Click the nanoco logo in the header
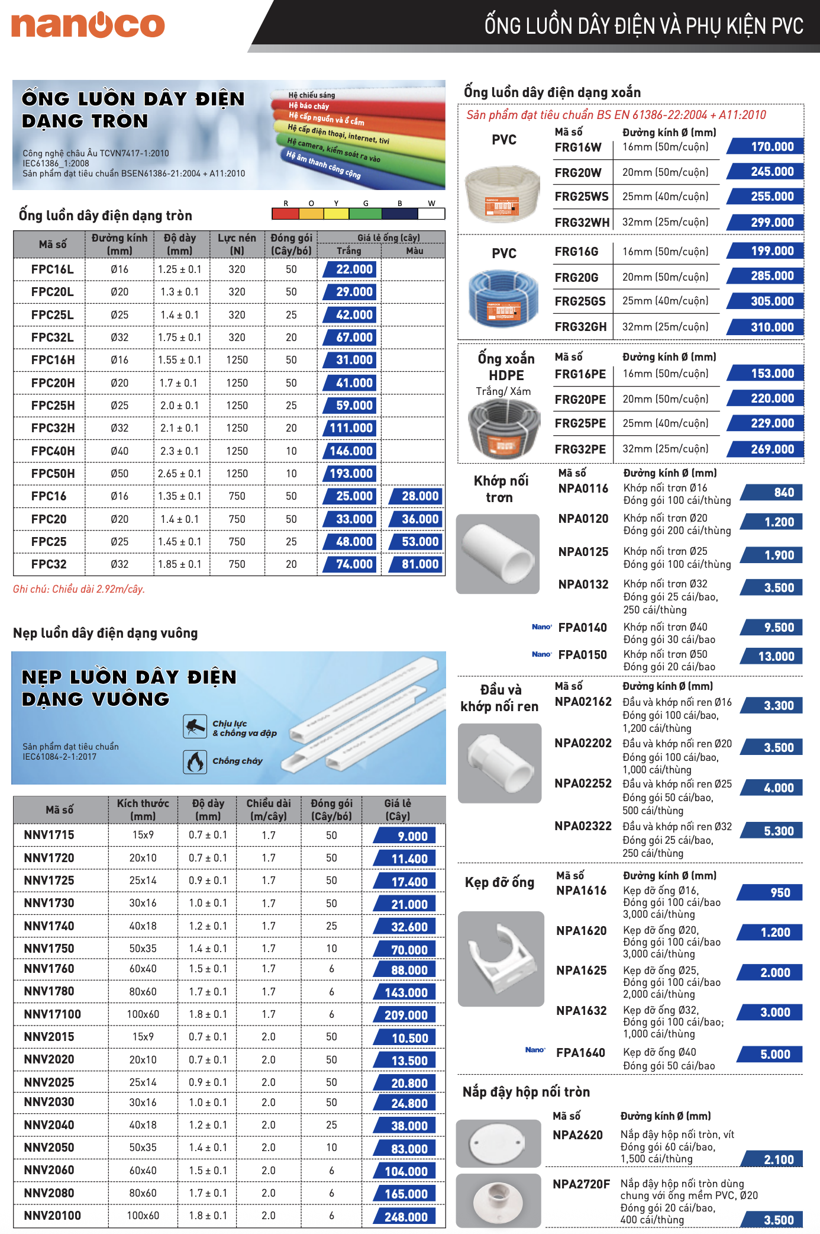(x=88, y=25)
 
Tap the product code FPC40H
(x=53, y=451)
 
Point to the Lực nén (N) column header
(x=237, y=244)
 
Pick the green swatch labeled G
(x=365, y=213)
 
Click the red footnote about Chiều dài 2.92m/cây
(x=79, y=589)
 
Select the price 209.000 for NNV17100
(x=405, y=1015)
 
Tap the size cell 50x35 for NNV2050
(x=143, y=1148)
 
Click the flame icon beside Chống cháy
(x=195, y=761)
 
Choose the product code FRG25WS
(x=581, y=197)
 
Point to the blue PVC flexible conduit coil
(x=503, y=300)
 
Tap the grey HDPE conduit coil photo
(x=503, y=428)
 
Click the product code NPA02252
(x=583, y=783)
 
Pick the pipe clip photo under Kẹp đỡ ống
(x=501, y=958)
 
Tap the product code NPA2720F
(x=580, y=1184)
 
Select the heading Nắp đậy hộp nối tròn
(x=526, y=1092)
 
